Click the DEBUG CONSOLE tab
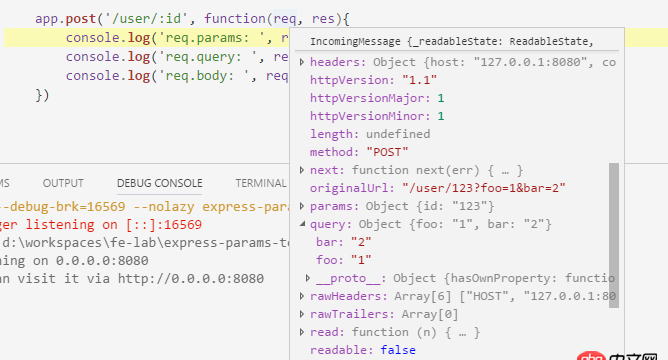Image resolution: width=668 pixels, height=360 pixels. (159, 183)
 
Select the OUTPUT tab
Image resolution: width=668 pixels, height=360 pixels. (63, 183)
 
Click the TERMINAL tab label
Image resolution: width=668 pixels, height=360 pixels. (260, 183)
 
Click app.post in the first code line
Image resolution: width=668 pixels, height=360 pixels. (68, 18)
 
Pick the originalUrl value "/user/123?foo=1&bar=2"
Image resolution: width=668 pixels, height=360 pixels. (484, 188)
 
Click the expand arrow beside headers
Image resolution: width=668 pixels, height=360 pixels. (303, 62)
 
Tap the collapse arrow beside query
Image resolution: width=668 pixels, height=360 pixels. (303, 224)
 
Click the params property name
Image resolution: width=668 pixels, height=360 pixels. (331, 206)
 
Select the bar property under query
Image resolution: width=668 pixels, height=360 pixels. (327, 242)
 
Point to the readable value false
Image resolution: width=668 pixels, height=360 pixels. (398, 350)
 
